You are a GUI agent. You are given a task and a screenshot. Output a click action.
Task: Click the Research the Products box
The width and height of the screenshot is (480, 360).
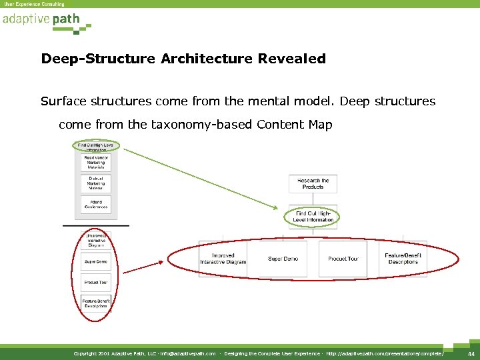click(x=313, y=184)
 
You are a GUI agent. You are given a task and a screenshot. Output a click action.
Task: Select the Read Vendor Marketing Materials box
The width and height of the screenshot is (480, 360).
click(x=96, y=163)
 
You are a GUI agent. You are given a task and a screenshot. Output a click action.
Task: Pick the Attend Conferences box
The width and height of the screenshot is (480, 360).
click(x=96, y=205)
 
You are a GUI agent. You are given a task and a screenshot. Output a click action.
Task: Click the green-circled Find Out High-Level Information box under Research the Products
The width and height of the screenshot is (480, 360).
click(x=313, y=216)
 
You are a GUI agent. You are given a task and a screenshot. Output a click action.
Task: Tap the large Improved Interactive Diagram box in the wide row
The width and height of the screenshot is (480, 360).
click(x=223, y=259)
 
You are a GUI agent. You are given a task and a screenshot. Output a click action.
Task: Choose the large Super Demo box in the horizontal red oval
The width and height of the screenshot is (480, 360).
click(x=283, y=259)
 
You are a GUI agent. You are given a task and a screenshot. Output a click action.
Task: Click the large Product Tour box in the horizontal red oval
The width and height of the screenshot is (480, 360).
click(x=343, y=259)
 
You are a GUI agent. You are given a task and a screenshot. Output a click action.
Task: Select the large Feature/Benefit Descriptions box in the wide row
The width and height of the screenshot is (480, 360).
click(x=403, y=259)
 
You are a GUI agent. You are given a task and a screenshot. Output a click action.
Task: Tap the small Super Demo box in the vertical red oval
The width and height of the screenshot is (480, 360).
click(x=96, y=261)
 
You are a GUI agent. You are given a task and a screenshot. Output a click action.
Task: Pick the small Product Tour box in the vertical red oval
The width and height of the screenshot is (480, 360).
click(x=96, y=283)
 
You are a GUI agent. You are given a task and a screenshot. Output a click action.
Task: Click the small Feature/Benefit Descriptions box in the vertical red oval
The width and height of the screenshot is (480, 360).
click(x=96, y=303)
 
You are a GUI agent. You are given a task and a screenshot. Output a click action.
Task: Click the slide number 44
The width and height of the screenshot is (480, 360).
click(x=471, y=353)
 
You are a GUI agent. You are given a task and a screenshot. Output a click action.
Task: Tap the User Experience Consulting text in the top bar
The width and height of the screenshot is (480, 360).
click(x=35, y=4)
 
